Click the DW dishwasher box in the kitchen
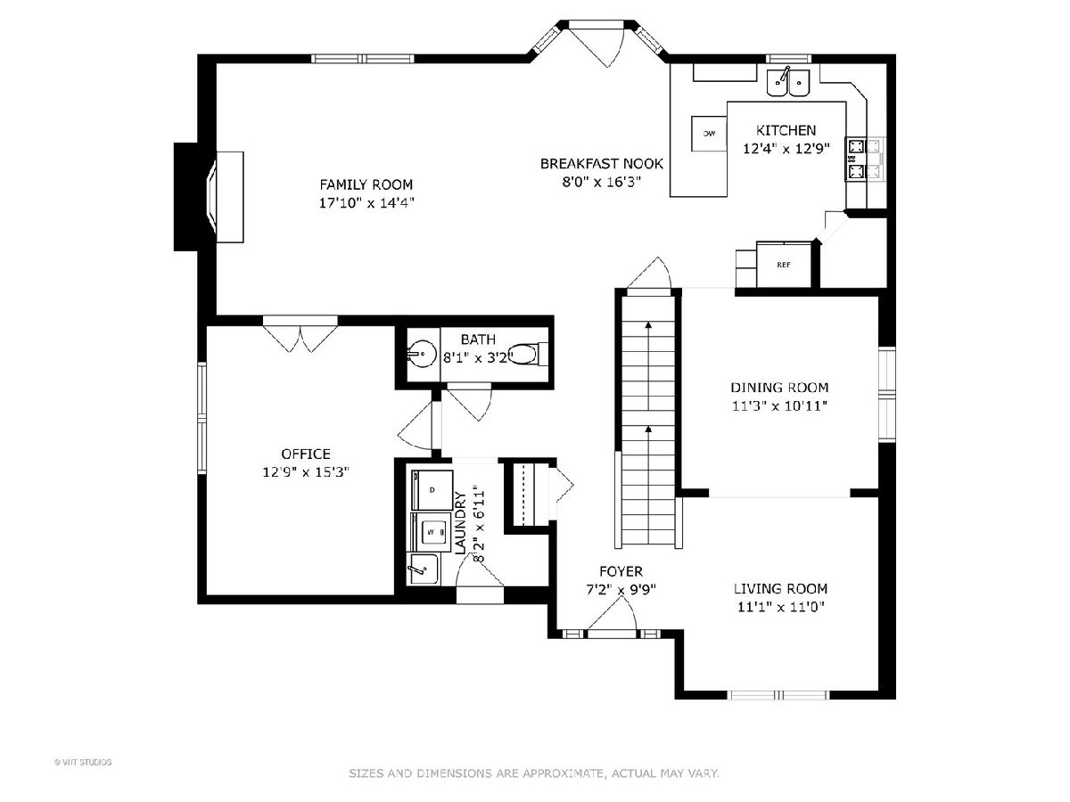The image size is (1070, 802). click(709, 133)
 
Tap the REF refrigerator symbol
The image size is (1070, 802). click(784, 265)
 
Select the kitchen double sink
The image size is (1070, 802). click(788, 83)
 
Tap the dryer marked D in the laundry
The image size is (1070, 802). click(432, 490)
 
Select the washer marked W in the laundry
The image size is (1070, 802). click(432, 531)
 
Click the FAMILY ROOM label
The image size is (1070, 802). click(366, 184)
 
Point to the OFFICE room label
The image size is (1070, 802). click(306, 454)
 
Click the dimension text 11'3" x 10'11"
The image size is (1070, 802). click(779, 405)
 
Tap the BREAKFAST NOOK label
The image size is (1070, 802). click(602, 164)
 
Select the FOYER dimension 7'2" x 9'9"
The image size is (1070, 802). click(621, 590)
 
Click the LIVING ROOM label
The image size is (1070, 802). click(780, 589)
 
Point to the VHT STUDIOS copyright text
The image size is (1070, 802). click(83, 762)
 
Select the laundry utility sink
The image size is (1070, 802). click(423, 569)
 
